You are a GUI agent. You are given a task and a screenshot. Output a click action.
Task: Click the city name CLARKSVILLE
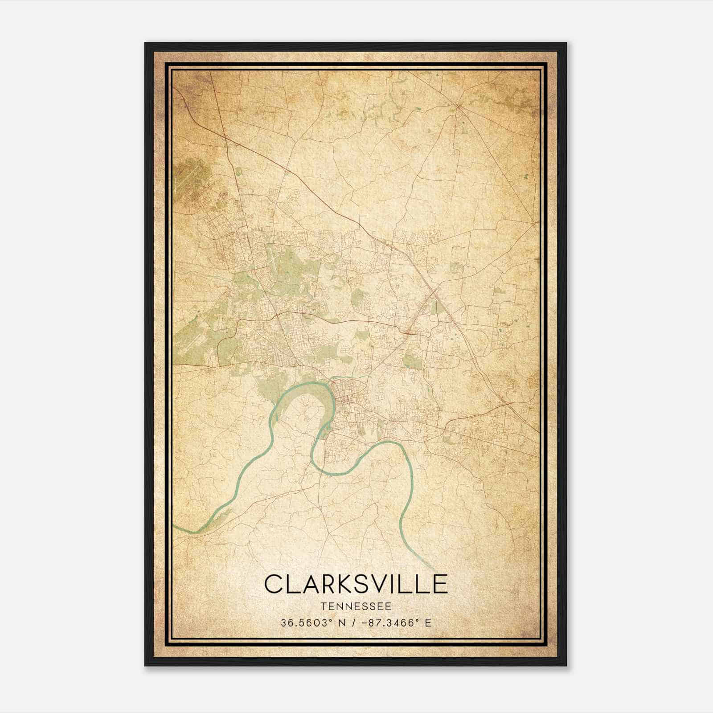[x=356, y=584]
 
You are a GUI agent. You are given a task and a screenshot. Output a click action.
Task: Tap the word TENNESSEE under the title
[x=356, y=606]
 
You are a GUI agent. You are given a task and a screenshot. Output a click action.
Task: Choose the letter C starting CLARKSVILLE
[x=274, y=584]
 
